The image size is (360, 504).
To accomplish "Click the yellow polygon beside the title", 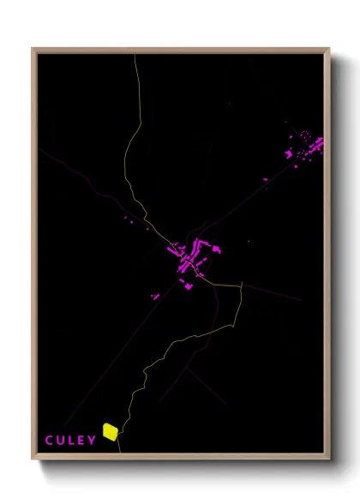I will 110,431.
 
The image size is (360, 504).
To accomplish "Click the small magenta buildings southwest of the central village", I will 156,297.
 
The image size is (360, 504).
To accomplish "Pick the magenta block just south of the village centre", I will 188,286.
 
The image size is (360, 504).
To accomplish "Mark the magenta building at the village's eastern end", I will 217,249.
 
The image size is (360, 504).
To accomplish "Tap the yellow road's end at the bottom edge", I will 120,450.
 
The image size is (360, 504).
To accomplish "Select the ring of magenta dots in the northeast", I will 303,135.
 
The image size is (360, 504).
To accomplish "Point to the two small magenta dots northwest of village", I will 128,221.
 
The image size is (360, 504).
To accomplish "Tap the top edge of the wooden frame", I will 180,50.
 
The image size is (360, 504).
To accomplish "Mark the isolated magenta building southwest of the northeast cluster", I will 265,179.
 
